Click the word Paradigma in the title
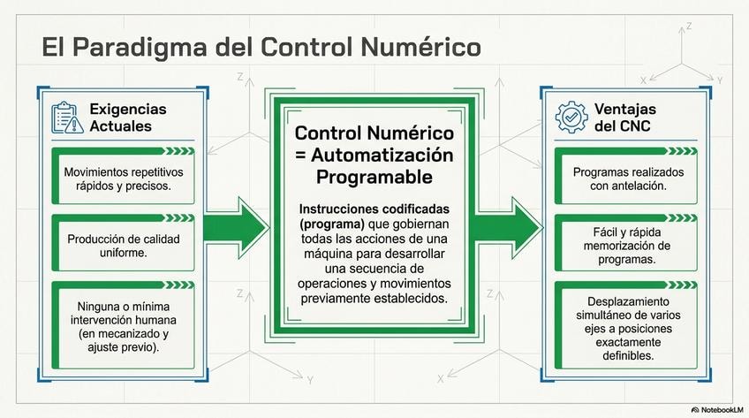click(140, 48)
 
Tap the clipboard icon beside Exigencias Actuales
click(66, 118)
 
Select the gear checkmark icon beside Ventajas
click(571, 117)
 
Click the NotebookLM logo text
click(717, 410)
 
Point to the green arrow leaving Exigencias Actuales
click(236, 228)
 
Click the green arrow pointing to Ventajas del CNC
click(509, 228)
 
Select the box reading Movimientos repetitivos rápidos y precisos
click(124, 176)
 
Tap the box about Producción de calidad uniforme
click(124, 243)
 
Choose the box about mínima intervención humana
click(124, 325)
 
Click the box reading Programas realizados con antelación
click(625, 176)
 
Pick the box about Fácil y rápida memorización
click(625, 243)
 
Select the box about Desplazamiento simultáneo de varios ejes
click(625, 325)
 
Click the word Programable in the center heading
click(374, 178)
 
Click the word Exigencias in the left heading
click(128, 109)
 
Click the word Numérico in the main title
click(420, 48)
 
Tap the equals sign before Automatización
click(301, 156)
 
